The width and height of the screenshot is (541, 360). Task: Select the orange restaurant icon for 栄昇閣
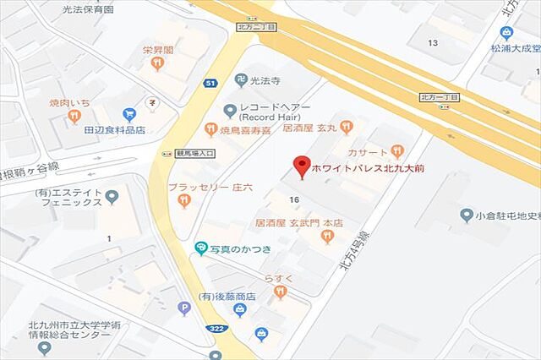click(x=157, y=63)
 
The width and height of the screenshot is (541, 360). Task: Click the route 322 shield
click(x=216, y=328)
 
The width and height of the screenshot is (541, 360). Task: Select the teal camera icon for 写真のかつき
click(x=200, y=248)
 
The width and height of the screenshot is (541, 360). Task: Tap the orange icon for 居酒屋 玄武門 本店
click(x=327, y=237)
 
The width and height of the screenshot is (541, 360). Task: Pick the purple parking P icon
click(x=184, y=309)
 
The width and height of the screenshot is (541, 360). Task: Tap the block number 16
click(x=294, y=199)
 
